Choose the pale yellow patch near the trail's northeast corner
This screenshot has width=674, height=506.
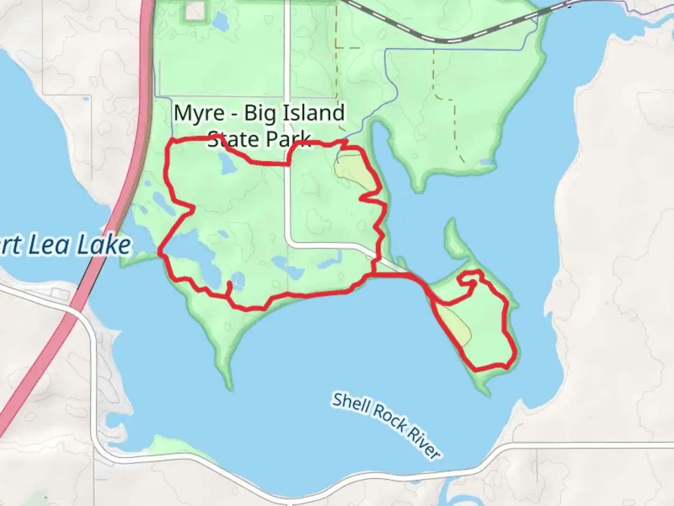pos(353,171)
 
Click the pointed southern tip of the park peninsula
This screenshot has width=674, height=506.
pos(229,387)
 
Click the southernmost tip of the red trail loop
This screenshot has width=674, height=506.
pos(476,370)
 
